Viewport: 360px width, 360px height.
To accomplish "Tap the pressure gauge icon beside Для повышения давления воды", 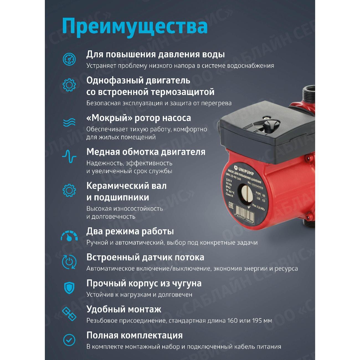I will point(69,59).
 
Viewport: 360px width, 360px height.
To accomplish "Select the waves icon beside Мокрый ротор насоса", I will point(69,122).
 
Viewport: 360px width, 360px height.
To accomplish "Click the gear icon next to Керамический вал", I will point(69,190).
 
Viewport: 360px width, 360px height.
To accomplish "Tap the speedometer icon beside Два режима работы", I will point(69,236).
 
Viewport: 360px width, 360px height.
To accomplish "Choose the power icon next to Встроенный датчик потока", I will point(69,262).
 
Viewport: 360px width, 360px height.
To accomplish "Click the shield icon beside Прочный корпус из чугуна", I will point(69,288).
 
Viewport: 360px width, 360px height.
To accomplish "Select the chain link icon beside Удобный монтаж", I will point(69,314).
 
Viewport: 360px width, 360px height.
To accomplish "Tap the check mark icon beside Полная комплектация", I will point(69,340).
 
